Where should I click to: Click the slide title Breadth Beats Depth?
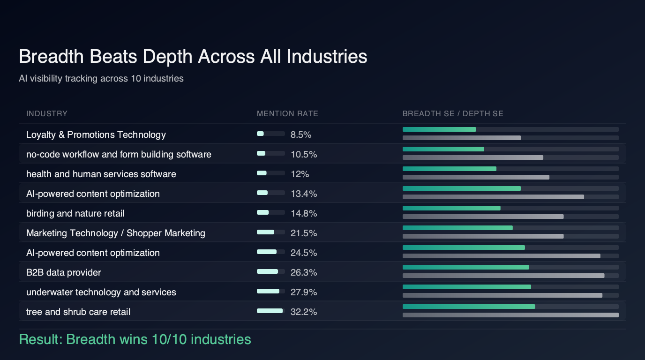click(x=193, y=57)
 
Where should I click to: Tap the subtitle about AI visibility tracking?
click(x=101, y=78)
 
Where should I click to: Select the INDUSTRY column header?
click(x=47, y=113)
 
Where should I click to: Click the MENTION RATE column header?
click(x=287, y=113)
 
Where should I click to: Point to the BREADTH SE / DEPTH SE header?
click(x=453, y=113)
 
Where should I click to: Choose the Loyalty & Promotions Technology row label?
click(x=96, y=135)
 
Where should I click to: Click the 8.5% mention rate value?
click(x=301, y=135)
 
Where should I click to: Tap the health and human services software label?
click(x=101, y=174)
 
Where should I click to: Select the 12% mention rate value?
click(x=300, y=174)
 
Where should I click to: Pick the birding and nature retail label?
click(x=75, y=213)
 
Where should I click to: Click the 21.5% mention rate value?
click(x=304, y=233)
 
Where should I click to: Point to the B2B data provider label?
click(x=64, y=272)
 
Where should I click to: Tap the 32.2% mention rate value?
click(x=304, y=312)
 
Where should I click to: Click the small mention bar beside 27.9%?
click(x=269, y=291)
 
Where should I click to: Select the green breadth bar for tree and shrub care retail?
click(x=469, y=307)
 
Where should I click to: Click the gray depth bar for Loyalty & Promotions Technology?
click(x=462, y=138)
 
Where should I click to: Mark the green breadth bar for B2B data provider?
click(x=465, y=267)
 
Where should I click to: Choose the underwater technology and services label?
click(x=101, y=292)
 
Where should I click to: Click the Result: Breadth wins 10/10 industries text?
click(x=135, y=339)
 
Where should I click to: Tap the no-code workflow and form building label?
click(x=119, y=154)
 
